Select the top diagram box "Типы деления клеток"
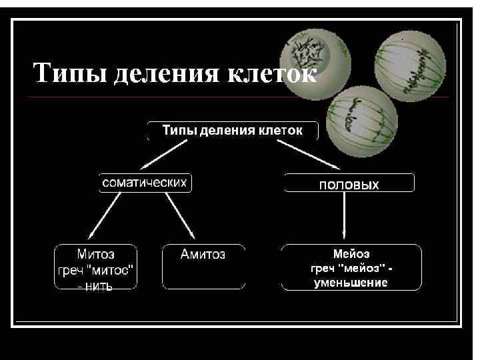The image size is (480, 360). coord(232,130)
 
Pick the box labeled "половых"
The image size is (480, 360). coord(349,183)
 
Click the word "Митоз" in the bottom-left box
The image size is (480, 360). coord(96,254)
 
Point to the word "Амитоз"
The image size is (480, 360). coord(203,254)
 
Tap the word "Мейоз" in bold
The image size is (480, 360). coord(351,254)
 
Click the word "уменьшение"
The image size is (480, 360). coord(351,283)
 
